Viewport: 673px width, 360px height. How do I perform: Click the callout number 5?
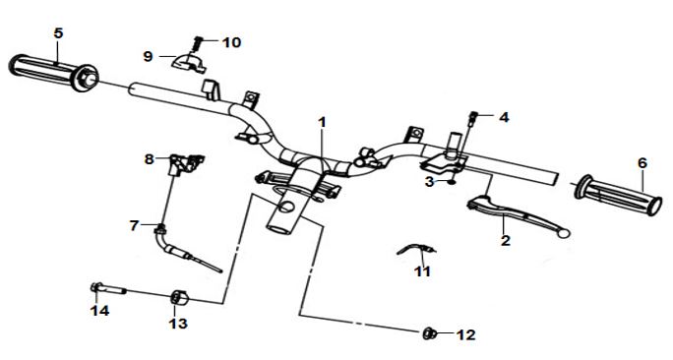[x=58, y=33]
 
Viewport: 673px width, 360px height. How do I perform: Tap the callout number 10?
[x=231, y=42]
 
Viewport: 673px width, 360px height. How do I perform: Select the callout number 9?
[x=148, y=56]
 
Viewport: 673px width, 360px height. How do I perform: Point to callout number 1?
[x=322, y=122]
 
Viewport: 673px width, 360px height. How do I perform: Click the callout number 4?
[x=504, y=117]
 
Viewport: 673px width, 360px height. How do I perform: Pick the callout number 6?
[x=642, y=163]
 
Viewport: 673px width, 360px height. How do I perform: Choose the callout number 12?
[x=466, y=334]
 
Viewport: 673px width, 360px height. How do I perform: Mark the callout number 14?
[x=99, y=310]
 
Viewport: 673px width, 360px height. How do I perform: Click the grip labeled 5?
[x=54, y=73]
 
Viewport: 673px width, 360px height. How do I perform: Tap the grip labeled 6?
[x=619, y=195]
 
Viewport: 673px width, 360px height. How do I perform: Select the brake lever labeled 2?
[x=518, y=214]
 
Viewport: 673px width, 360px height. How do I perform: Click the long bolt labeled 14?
[x=107, y=289]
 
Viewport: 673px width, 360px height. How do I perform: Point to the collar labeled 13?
[x=179, y=298]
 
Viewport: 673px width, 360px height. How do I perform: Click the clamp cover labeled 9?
[x=189, y=61]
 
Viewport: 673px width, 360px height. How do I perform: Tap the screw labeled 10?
[x=197, y=43]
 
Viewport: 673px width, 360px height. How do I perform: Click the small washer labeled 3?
[x=451, y=182]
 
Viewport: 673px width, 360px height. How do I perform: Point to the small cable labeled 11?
[x=416, y=249]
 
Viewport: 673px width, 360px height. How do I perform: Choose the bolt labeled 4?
[x=473, y=118]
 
